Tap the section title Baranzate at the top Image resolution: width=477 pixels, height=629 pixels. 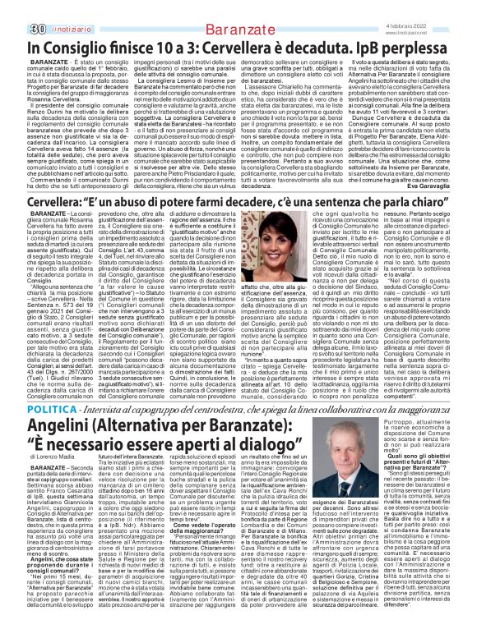point(238,9)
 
